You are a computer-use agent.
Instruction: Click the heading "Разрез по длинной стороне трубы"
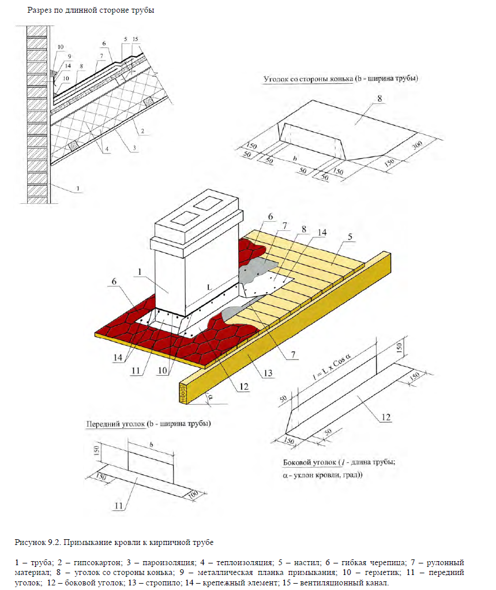tap(91, 10)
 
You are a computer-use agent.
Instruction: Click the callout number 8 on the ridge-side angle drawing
tap(379, 99)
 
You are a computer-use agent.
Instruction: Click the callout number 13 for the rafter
tap(267, 374)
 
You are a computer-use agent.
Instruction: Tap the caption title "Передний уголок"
tap(115, 424)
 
